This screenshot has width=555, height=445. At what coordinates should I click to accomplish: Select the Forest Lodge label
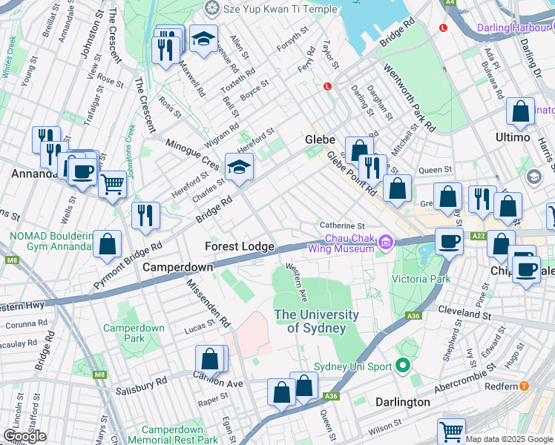240,246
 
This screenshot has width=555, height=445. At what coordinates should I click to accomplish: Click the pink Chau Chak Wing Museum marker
385,242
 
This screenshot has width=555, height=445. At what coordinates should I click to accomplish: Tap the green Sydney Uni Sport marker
403,365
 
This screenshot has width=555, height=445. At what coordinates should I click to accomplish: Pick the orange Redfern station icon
525,386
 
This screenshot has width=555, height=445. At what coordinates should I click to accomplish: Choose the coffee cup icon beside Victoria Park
447,241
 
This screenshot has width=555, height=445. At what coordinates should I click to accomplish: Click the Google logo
24,436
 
